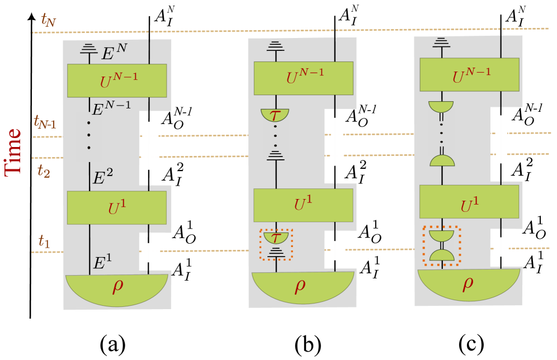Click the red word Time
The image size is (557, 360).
[x=13, y=151]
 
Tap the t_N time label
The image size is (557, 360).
[x=48, y=20]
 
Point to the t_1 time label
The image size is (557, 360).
[x=44, y=241]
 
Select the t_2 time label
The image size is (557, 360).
[x=44, y=170]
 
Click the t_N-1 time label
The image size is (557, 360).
[x=45, y=122]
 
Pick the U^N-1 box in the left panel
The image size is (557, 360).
[x=117, y=80]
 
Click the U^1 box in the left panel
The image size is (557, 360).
[x=117, y=207]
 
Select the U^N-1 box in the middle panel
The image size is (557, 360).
[x=303, y=78]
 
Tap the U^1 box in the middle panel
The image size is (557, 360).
[x=303, y=205]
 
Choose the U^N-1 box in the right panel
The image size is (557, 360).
[x=469, y=74]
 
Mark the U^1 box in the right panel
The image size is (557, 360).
[x=469, y=202]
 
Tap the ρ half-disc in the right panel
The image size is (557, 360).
[x=468, y=283]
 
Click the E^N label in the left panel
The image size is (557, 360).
[x=114, y=53]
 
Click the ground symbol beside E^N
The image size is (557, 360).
[x=88, y=49]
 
